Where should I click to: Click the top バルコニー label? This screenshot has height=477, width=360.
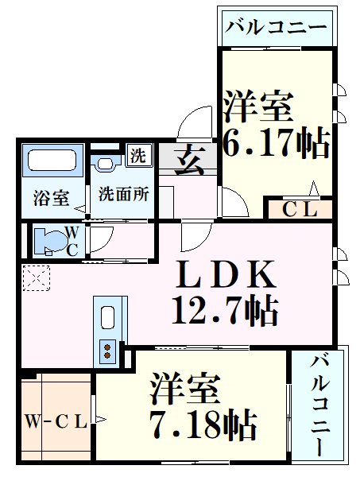[275, 26]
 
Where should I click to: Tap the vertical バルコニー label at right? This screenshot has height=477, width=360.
[320, 405]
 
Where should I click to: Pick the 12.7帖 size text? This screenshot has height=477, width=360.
[225, 310]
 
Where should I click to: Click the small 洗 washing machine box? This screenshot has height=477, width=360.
[138, 155]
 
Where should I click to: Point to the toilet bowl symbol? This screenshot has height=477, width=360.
[51, 238]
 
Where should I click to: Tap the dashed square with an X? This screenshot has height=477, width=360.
[37, 277]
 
